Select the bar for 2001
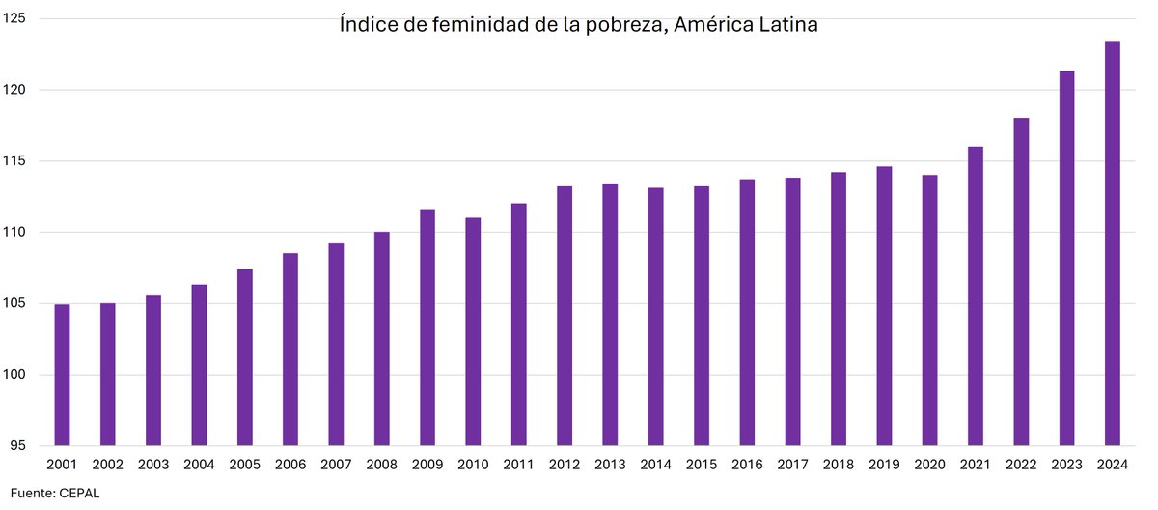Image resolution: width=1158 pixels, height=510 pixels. [62, 375]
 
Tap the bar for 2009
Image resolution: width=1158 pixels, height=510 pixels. [427, 327]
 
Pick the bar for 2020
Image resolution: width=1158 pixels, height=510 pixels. [929, 310]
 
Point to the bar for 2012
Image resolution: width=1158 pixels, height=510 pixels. [565, 316]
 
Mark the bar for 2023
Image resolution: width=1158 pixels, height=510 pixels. [1066, 258]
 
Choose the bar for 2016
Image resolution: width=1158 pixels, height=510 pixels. [747, 312]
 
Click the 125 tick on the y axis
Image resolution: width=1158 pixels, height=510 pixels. [16, 18]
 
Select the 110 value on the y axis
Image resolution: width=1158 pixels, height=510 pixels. [16, 233]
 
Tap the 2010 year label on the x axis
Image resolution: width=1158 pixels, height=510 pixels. [473, 465]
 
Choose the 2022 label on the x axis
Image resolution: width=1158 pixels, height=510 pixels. [1021, 465]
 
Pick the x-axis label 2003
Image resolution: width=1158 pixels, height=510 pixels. [153, 465]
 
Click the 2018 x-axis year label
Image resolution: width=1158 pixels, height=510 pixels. [839, 465]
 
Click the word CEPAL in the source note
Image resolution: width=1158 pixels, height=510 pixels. [78, 493]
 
